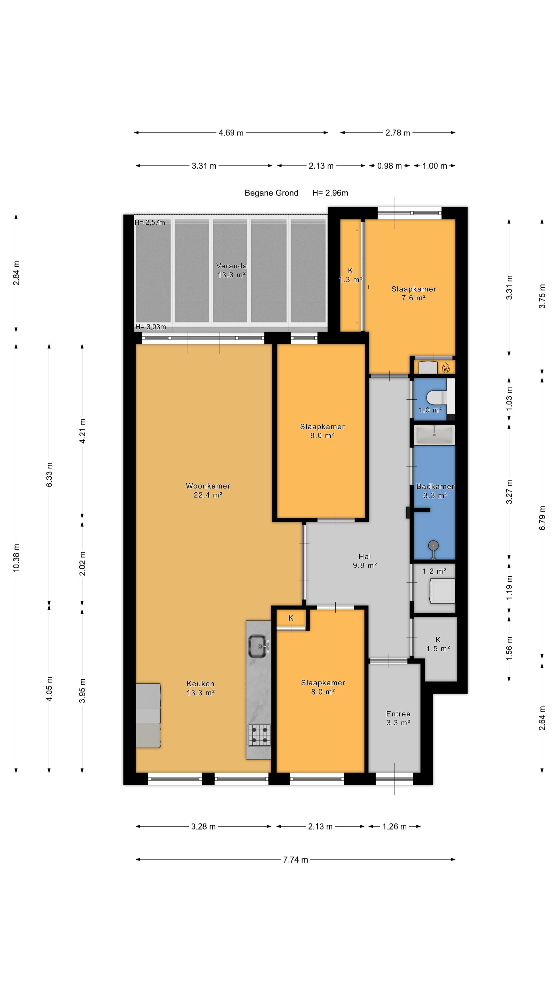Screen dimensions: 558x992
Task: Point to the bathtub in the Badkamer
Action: (x=434, y=435)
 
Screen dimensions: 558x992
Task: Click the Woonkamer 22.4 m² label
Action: (x=208, y=490)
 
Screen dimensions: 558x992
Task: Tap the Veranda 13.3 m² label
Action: (x=231, y=270)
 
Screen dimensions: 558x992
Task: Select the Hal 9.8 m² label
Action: (x=365, y=561)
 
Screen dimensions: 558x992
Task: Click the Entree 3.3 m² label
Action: (x=398, y=718)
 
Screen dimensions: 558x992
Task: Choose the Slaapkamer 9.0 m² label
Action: (x=322, y=431)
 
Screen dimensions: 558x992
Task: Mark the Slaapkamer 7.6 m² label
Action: (x=414, y=293)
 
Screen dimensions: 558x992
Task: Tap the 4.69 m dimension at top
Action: (x=231, y=133)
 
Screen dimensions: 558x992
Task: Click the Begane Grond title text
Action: (x=272, y=193)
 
